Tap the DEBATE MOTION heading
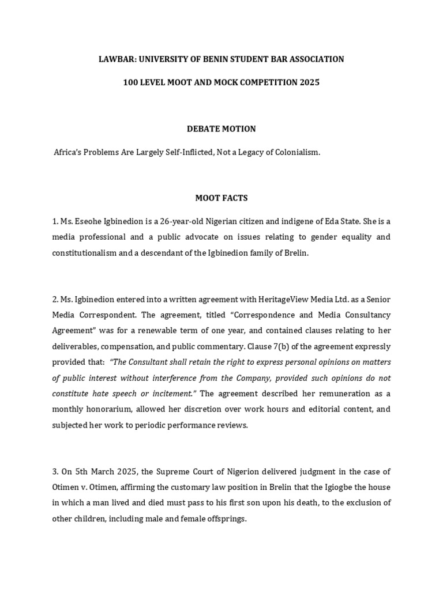[221, 128]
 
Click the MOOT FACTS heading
[221, 198]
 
